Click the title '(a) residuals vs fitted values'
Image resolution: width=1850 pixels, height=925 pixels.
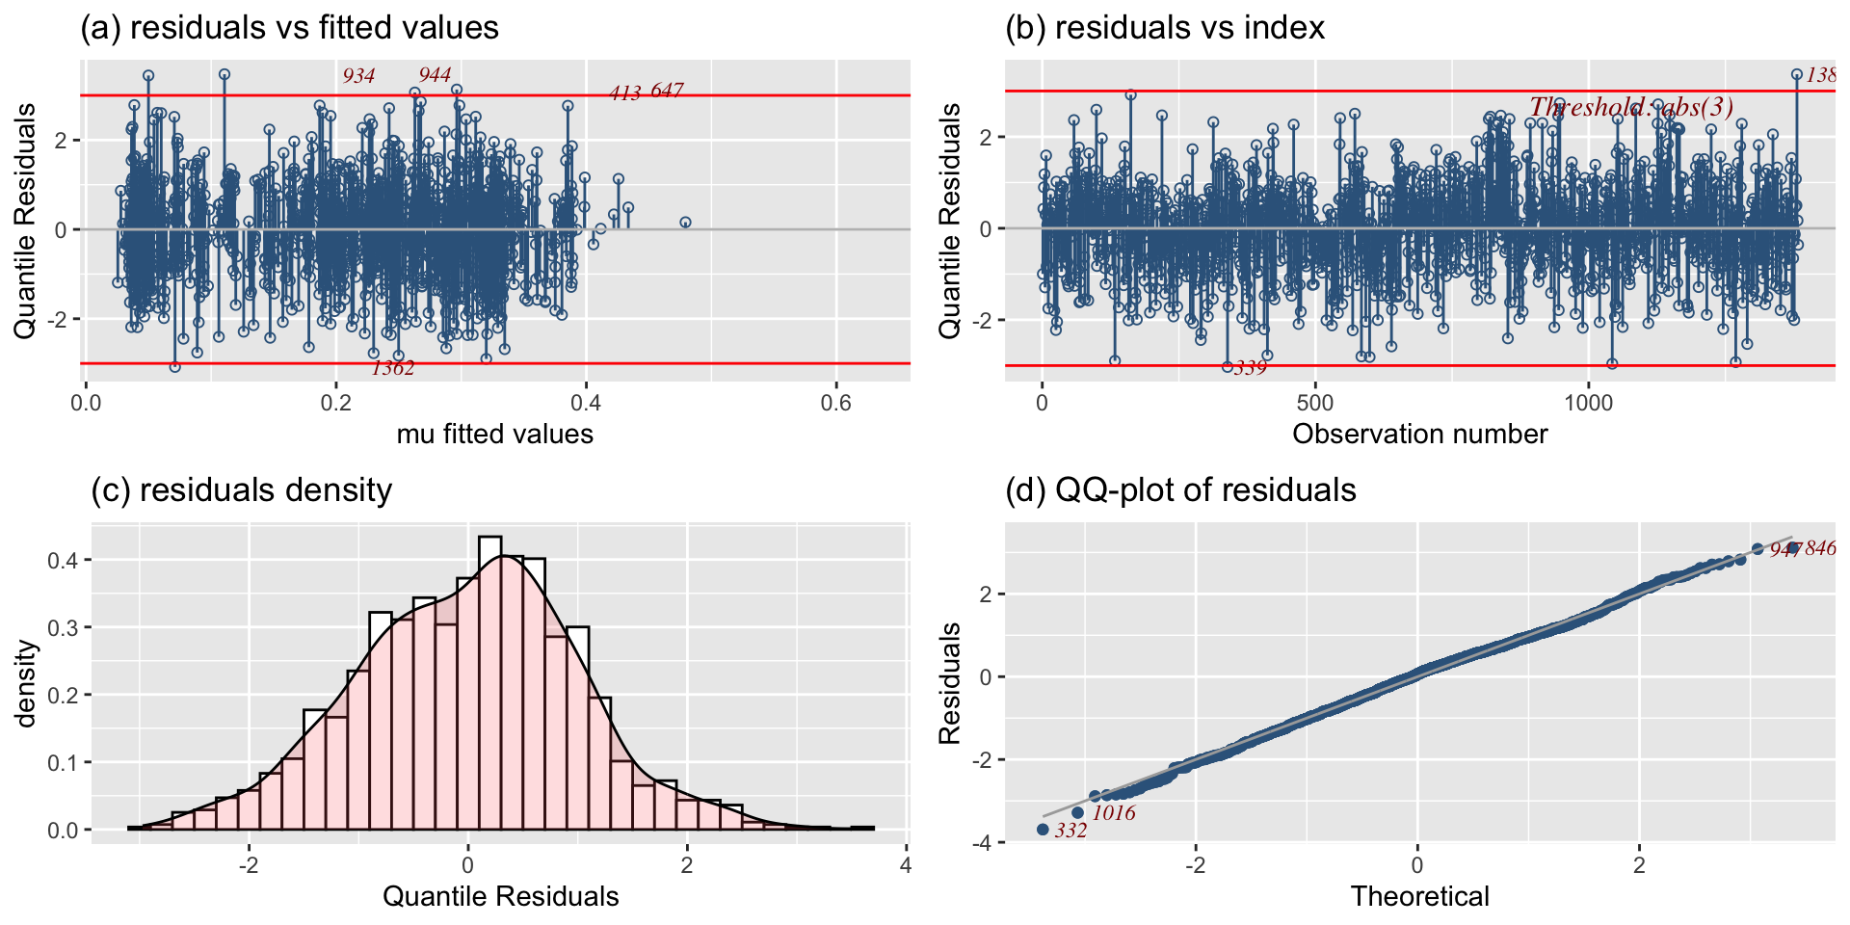tap(289, 28)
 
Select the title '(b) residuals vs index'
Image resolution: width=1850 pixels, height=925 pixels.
tap(1165, 28)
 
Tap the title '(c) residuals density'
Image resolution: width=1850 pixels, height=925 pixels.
tap(241, 490)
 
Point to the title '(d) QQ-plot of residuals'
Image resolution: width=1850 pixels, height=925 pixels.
tap(1180, 490)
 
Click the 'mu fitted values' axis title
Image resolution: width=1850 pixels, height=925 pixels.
tap(494, 435)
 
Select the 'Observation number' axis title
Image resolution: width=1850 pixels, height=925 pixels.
tap(1419, 435)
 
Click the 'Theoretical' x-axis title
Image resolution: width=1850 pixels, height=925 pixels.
tap(1419, 897)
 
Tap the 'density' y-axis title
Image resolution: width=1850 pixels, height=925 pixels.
tap(26, 684)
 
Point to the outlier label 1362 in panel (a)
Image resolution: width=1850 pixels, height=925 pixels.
tap(393, 368)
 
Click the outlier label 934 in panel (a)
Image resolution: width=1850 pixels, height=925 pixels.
tap(358, 76)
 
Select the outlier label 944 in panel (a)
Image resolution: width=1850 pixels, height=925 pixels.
tap(435, 75)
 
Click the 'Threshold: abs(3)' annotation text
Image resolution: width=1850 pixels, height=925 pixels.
tap(1631, 107)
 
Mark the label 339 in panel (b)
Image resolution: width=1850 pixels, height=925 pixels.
tap(1251, 368)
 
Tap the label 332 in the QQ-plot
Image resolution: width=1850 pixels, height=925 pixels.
tap(1070, 831)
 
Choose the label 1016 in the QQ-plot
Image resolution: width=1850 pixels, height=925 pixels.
tap(1114, 813)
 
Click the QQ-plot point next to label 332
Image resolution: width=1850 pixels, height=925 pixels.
tap(1043, 830)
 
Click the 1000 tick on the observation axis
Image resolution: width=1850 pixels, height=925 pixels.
tap(1588, 403)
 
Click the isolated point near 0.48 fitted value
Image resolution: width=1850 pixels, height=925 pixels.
tap(685, 223)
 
